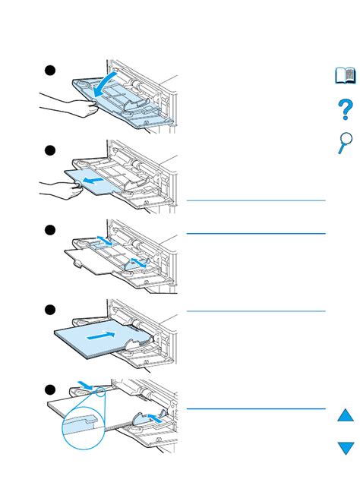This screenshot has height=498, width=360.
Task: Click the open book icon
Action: point(346,75)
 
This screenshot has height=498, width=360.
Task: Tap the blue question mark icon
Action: point(346,109)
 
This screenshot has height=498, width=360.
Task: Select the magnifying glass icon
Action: point(345,142)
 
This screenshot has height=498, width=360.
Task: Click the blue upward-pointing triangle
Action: point(346,415)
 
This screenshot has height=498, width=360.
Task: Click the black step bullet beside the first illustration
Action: point(49,71)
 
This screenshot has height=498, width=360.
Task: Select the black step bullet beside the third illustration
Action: point(49,230)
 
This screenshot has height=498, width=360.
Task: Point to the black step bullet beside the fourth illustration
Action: point(49,310)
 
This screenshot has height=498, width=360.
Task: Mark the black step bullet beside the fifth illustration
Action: point(49,389)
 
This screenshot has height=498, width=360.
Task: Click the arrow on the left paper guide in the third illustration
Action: point(103,242)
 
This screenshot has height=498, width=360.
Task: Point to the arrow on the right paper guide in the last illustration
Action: point(155,418)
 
